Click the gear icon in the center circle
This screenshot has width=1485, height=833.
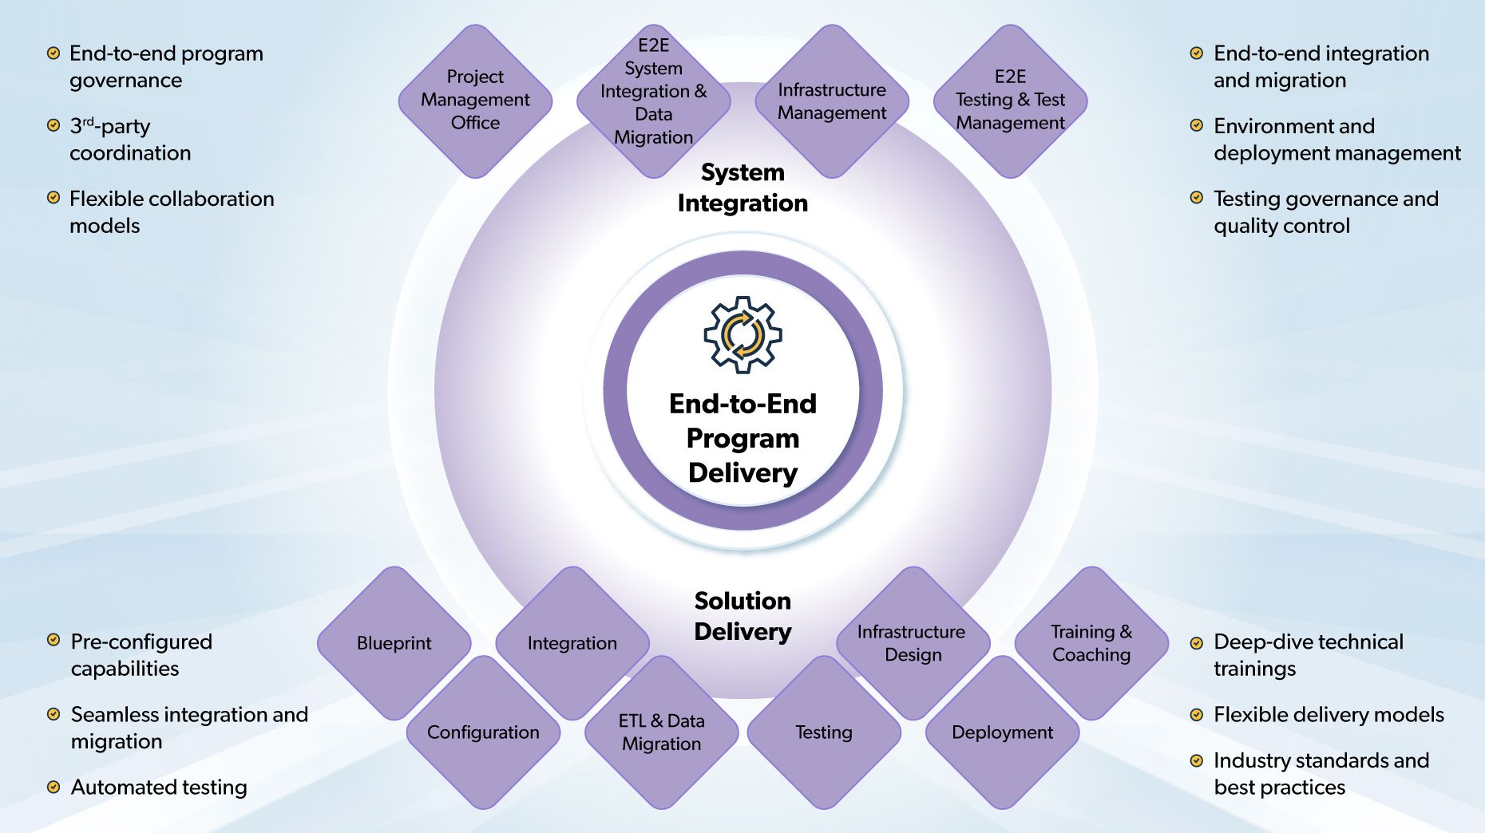coord(742,334)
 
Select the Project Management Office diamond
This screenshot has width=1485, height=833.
coord(475,101)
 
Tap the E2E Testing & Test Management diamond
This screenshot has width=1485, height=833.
coord(1010,101)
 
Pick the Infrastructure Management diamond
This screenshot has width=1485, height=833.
coord(832,101)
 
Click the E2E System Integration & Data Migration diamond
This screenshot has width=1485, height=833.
coord(653,92)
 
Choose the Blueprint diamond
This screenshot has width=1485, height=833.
coord(394,643)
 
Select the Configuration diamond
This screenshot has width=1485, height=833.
coord(483,732)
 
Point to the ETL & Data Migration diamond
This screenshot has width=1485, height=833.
coord(661,732)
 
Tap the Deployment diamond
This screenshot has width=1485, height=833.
coord(1002,732)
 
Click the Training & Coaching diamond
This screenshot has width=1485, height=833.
coord(1091,643)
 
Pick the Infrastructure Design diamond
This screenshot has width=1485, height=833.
coord(913,643)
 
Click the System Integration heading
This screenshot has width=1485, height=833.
coord(742,188)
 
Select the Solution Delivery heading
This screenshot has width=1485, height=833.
coord(742,616)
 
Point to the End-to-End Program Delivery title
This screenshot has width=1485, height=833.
coord(742,438)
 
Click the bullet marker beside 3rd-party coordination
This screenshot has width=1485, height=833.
coord(53,125)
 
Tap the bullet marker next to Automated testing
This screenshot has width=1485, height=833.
coord(53,788)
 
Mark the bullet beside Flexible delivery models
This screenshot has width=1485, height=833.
coord(1196,715)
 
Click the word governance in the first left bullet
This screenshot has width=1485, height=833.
coord(125,81)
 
